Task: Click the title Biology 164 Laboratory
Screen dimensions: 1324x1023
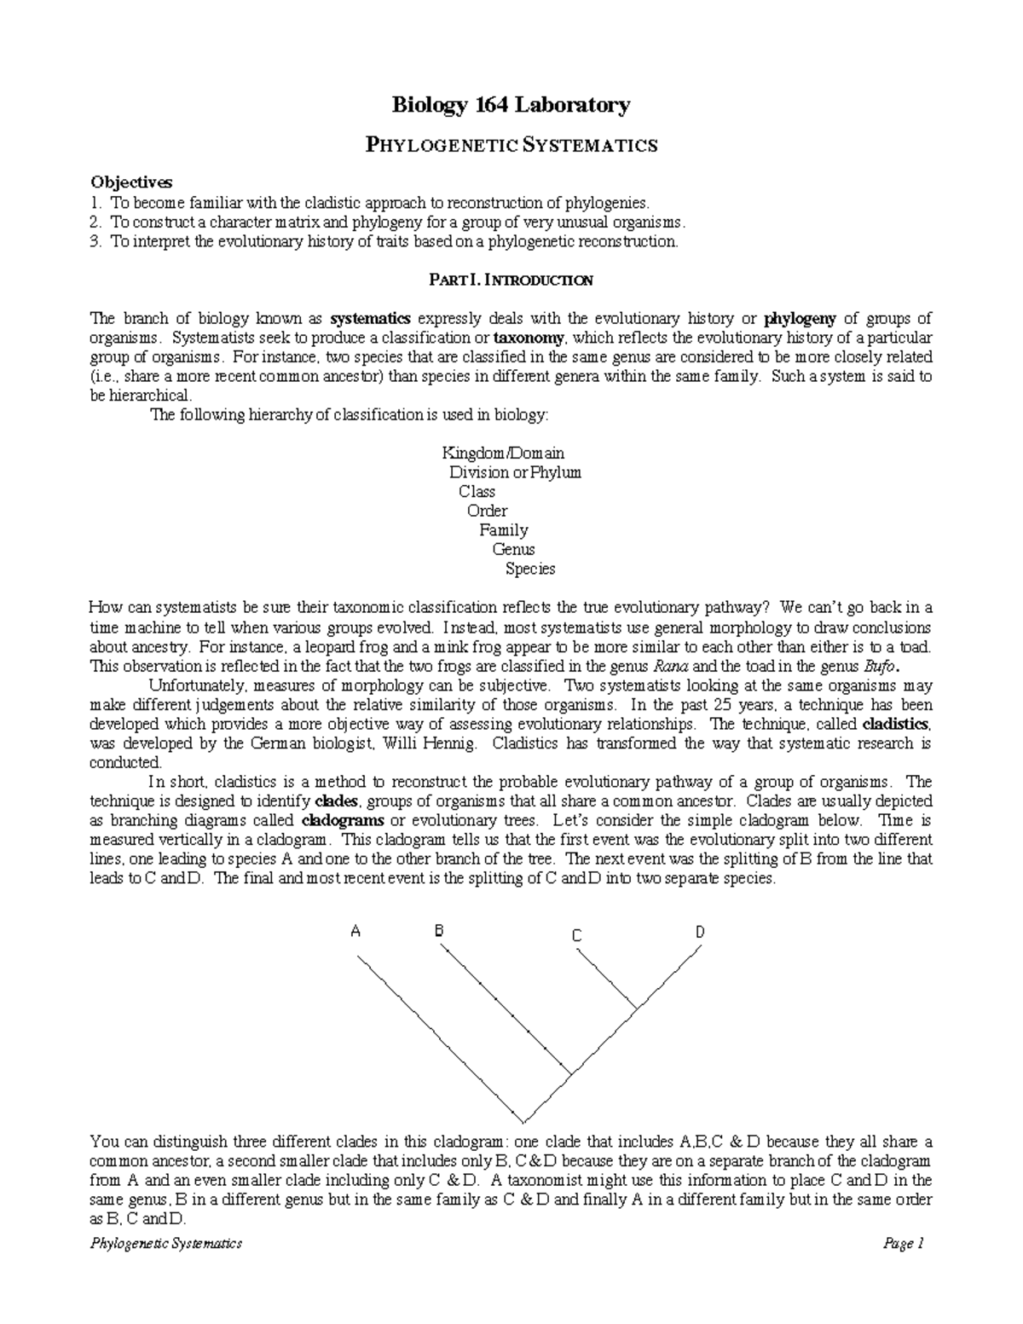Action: coord(511,106)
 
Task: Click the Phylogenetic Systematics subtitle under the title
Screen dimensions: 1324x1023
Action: coord(511,145)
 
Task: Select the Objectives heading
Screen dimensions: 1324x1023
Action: coord(131,182)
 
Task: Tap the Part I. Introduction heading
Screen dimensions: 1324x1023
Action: coord(511,280)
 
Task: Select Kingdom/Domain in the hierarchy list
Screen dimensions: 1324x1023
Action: coord(502,453)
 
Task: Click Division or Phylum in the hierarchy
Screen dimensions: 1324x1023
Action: coord(515,472)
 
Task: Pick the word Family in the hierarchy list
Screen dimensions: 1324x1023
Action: coord(504,530)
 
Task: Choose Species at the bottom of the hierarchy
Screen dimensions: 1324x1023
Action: coord(529,569)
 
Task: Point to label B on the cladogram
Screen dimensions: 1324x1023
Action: coord(439,931)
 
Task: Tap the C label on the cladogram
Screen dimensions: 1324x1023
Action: coord(577,936)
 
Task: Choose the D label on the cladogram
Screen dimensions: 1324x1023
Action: coord(700,932)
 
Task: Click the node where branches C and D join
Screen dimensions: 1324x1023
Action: coord(635,1009)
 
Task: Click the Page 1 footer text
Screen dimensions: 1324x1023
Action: coord(904,1244)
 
